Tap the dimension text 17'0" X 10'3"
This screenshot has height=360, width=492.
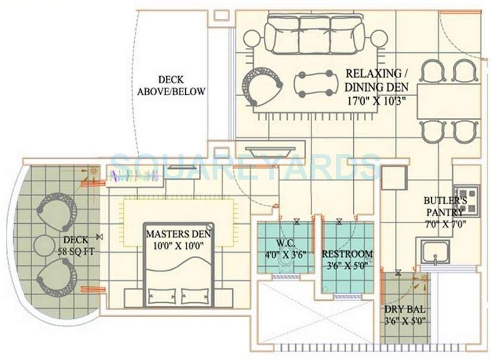(x=376, y=100)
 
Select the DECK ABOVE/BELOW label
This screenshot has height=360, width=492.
(x=171, y=86)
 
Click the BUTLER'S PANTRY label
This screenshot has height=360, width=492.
(x=441, y=206)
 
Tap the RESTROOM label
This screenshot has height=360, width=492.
(x=348, y=253)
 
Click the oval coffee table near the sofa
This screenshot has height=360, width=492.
(x=314, y=84)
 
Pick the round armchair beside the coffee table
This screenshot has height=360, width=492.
(x=261, y=86)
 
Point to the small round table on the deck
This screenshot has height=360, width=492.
(x=44, y=245)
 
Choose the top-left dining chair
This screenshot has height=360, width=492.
(x=432, y=71)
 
